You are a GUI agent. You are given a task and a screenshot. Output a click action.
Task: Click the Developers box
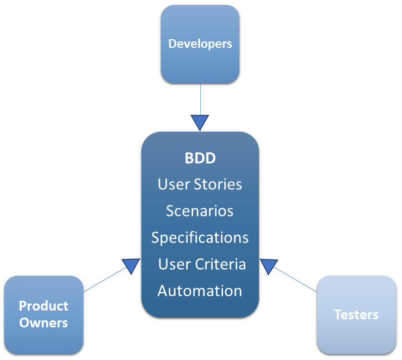pos(200,60)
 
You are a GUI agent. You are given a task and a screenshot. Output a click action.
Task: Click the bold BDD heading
pos(200,158)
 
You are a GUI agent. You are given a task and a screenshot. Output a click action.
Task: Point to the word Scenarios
pos(200,210)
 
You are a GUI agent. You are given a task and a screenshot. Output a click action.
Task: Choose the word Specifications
pos(200,238)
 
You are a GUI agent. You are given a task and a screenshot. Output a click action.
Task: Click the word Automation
pos(200,291)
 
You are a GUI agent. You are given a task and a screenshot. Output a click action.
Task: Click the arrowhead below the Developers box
pos(200,122)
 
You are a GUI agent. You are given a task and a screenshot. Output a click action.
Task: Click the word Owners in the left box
pos(44,322)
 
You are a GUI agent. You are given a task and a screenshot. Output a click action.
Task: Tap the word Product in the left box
pos(44,306)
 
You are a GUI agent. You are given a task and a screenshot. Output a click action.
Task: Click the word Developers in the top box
pos(200,44)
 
